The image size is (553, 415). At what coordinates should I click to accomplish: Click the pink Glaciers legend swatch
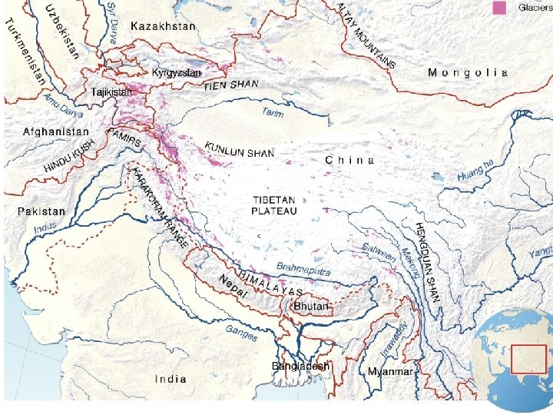click(500, 8)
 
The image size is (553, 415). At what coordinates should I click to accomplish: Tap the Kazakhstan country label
click(163, 26)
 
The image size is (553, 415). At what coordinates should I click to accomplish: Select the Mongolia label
click(468, 72)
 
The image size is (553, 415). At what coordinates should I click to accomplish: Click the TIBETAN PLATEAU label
click(274, 205)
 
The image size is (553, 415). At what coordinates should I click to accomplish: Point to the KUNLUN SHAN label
click(239, 149)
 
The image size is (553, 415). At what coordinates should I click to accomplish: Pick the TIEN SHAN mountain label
click(231, 85)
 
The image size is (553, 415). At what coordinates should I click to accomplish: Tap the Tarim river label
click(272, 113)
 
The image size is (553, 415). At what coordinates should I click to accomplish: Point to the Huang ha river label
click(476, 172)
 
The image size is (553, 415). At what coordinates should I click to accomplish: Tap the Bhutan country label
click(311, 307)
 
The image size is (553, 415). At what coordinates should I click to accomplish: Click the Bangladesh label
click(300, 367)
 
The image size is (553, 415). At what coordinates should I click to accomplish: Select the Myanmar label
click(390, 372)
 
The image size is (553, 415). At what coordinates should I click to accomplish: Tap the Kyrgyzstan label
click(176, 73)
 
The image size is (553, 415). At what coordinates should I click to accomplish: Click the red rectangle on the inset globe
click(528, 359)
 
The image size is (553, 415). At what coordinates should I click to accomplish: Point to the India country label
click(171, 379)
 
